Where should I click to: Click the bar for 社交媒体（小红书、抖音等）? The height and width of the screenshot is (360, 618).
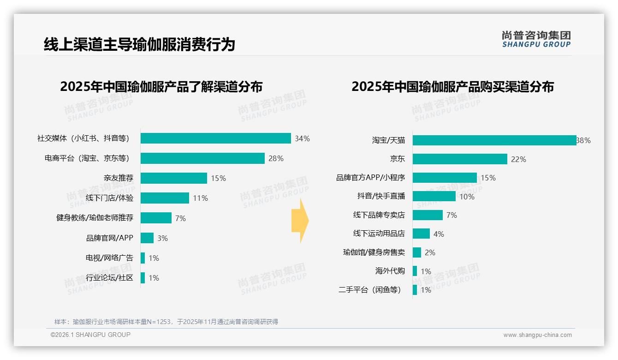click(215, 138)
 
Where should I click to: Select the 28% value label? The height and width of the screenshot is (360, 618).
click(276, 158)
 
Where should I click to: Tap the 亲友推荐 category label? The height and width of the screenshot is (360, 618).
click(119, 178)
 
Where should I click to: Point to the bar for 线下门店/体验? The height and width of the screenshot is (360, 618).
click(165, 198)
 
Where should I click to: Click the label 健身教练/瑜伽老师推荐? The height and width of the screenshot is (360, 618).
click(95, 218)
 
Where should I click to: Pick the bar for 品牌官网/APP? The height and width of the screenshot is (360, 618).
click(147, 238)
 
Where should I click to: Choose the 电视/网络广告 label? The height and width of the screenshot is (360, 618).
click(109, 258)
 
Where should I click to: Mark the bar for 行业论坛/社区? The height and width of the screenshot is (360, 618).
click(143, 277)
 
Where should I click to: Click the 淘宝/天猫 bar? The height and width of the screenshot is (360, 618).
click(494, 140)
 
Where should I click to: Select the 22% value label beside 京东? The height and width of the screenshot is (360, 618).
click(518, 159)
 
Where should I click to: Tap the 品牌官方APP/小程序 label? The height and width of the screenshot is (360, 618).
click(370, 178)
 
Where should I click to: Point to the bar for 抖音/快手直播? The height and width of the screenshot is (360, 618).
click(434, 196)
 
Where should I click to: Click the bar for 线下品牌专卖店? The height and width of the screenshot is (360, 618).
click(428, 215)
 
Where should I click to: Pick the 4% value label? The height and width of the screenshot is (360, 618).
click(439, 234)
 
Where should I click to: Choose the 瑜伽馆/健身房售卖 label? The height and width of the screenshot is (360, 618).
click(374, 252)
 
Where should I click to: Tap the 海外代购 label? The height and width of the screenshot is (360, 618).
click(390, 271)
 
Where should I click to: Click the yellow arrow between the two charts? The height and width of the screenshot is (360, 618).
click(300, 221)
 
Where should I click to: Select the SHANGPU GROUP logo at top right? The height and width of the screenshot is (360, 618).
click(536, 39)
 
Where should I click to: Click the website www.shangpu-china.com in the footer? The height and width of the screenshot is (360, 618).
click(537, 335)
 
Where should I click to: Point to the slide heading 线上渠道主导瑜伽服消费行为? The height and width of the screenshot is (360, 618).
click(139, 44)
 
